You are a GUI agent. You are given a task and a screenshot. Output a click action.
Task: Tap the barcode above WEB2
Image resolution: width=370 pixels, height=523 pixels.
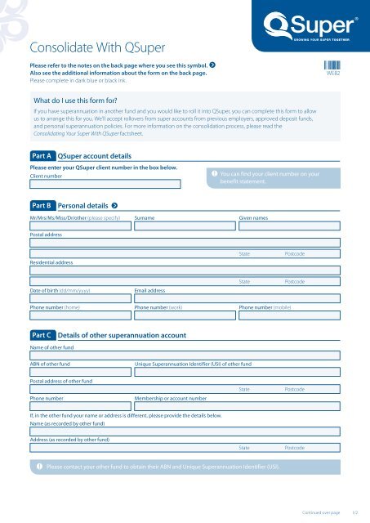[332, 68]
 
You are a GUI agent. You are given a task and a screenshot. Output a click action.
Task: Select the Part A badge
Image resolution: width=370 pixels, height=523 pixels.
[41, 154]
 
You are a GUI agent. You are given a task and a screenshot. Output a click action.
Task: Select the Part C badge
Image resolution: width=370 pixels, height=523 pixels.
[41, 335]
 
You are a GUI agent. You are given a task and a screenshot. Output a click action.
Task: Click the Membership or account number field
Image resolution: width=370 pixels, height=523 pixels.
[237, 408]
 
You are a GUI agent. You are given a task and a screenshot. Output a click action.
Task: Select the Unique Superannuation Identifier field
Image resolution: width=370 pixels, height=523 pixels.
[237, 372]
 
